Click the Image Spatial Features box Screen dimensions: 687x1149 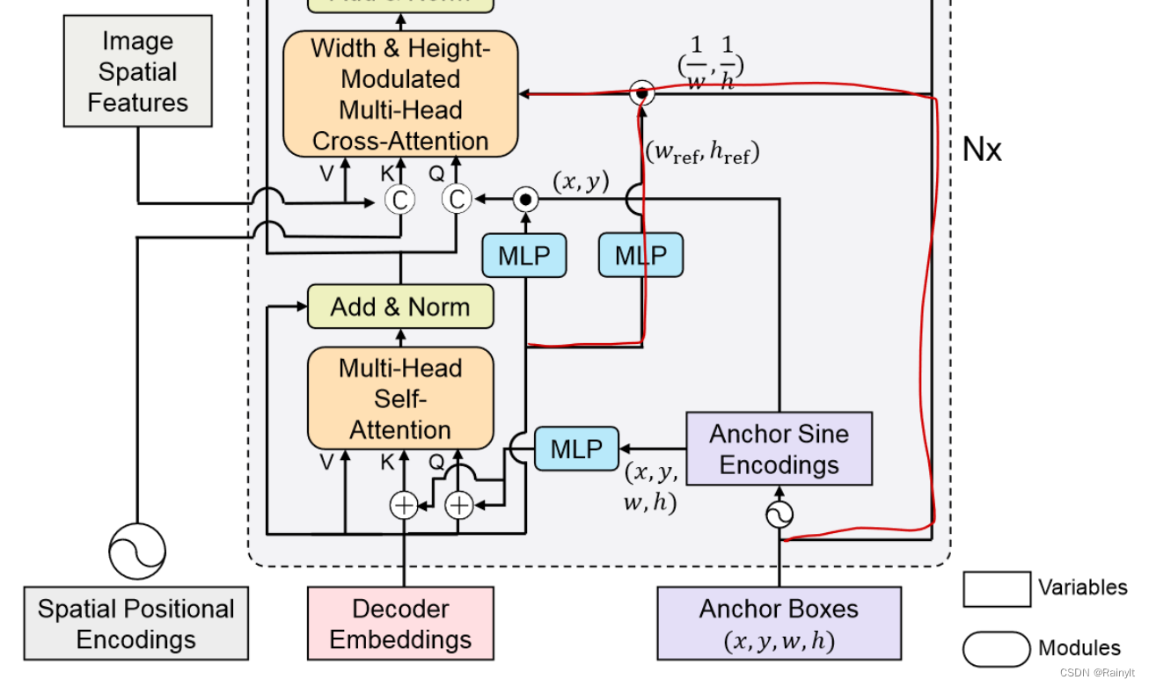click(137, 71)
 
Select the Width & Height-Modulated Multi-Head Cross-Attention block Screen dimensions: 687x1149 click(400, 95)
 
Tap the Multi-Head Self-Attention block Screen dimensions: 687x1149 click(400, 398)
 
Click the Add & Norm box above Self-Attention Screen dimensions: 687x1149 click(400, 307)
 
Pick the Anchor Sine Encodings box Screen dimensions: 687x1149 click(779, 449)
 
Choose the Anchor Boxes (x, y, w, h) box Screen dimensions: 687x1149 click(779, 624)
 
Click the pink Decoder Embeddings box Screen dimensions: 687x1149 click(400, 624)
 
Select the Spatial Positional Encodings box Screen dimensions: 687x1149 click(136, 624)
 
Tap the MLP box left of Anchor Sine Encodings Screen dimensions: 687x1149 click(576, 449)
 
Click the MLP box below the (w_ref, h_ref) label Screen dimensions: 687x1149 click(640, 256)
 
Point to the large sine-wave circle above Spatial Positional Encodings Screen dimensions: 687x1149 click(137, 551)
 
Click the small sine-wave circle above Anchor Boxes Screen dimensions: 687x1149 click(779, 515)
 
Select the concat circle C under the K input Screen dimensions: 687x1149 click(399, 201)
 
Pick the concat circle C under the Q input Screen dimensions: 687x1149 click(456, 201)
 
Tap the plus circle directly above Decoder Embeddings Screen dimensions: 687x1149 click(404, 505)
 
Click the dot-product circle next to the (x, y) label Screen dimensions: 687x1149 click(525, 200)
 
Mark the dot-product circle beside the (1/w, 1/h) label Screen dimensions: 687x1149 click(642, 92)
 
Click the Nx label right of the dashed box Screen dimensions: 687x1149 click(982, 150)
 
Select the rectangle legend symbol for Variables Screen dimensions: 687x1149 click(997, 588)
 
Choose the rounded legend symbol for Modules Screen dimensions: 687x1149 click(997, 649)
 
